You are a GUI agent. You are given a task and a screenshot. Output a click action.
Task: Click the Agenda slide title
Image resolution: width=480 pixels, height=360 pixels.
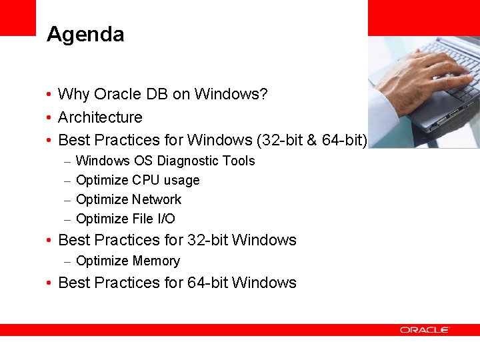(85, 35)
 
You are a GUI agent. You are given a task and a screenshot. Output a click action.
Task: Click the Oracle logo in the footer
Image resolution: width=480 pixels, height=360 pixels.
(425, 330)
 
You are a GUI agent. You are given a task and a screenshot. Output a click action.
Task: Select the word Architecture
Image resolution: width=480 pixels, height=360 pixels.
(100, 117)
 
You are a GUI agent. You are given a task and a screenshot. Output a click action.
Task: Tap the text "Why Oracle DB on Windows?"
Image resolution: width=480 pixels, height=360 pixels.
(163, 95)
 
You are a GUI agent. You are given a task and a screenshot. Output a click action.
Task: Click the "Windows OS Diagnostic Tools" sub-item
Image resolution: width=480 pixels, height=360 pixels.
(165, 161)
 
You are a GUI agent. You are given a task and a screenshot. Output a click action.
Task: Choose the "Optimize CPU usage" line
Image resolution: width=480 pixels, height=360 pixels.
(137, 180)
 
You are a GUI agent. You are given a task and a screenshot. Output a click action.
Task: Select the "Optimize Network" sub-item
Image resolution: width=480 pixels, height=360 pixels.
(129, 199)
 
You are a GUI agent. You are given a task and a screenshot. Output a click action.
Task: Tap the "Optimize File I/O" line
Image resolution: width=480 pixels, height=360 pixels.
(125, 219)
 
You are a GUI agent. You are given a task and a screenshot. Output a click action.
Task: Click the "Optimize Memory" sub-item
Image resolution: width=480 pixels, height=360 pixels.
(128, 261)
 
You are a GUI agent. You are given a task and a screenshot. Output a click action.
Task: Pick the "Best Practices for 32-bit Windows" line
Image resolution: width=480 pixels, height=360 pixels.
(177, 240)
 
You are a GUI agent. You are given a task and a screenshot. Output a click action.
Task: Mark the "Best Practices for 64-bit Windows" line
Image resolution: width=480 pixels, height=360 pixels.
(177, 283)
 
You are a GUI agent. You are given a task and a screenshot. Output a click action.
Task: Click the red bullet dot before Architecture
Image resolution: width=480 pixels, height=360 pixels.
(50, 118)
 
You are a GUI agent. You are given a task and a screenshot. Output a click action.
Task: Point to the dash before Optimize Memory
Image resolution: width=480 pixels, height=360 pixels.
(68, 261)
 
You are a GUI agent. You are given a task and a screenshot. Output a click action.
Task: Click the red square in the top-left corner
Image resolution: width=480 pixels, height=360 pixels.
(17, 17)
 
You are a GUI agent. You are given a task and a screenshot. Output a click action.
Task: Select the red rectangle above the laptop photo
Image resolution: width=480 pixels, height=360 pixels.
(423, 17)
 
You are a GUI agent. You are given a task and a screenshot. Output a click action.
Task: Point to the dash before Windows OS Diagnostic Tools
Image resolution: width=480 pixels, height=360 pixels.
(68, 161)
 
